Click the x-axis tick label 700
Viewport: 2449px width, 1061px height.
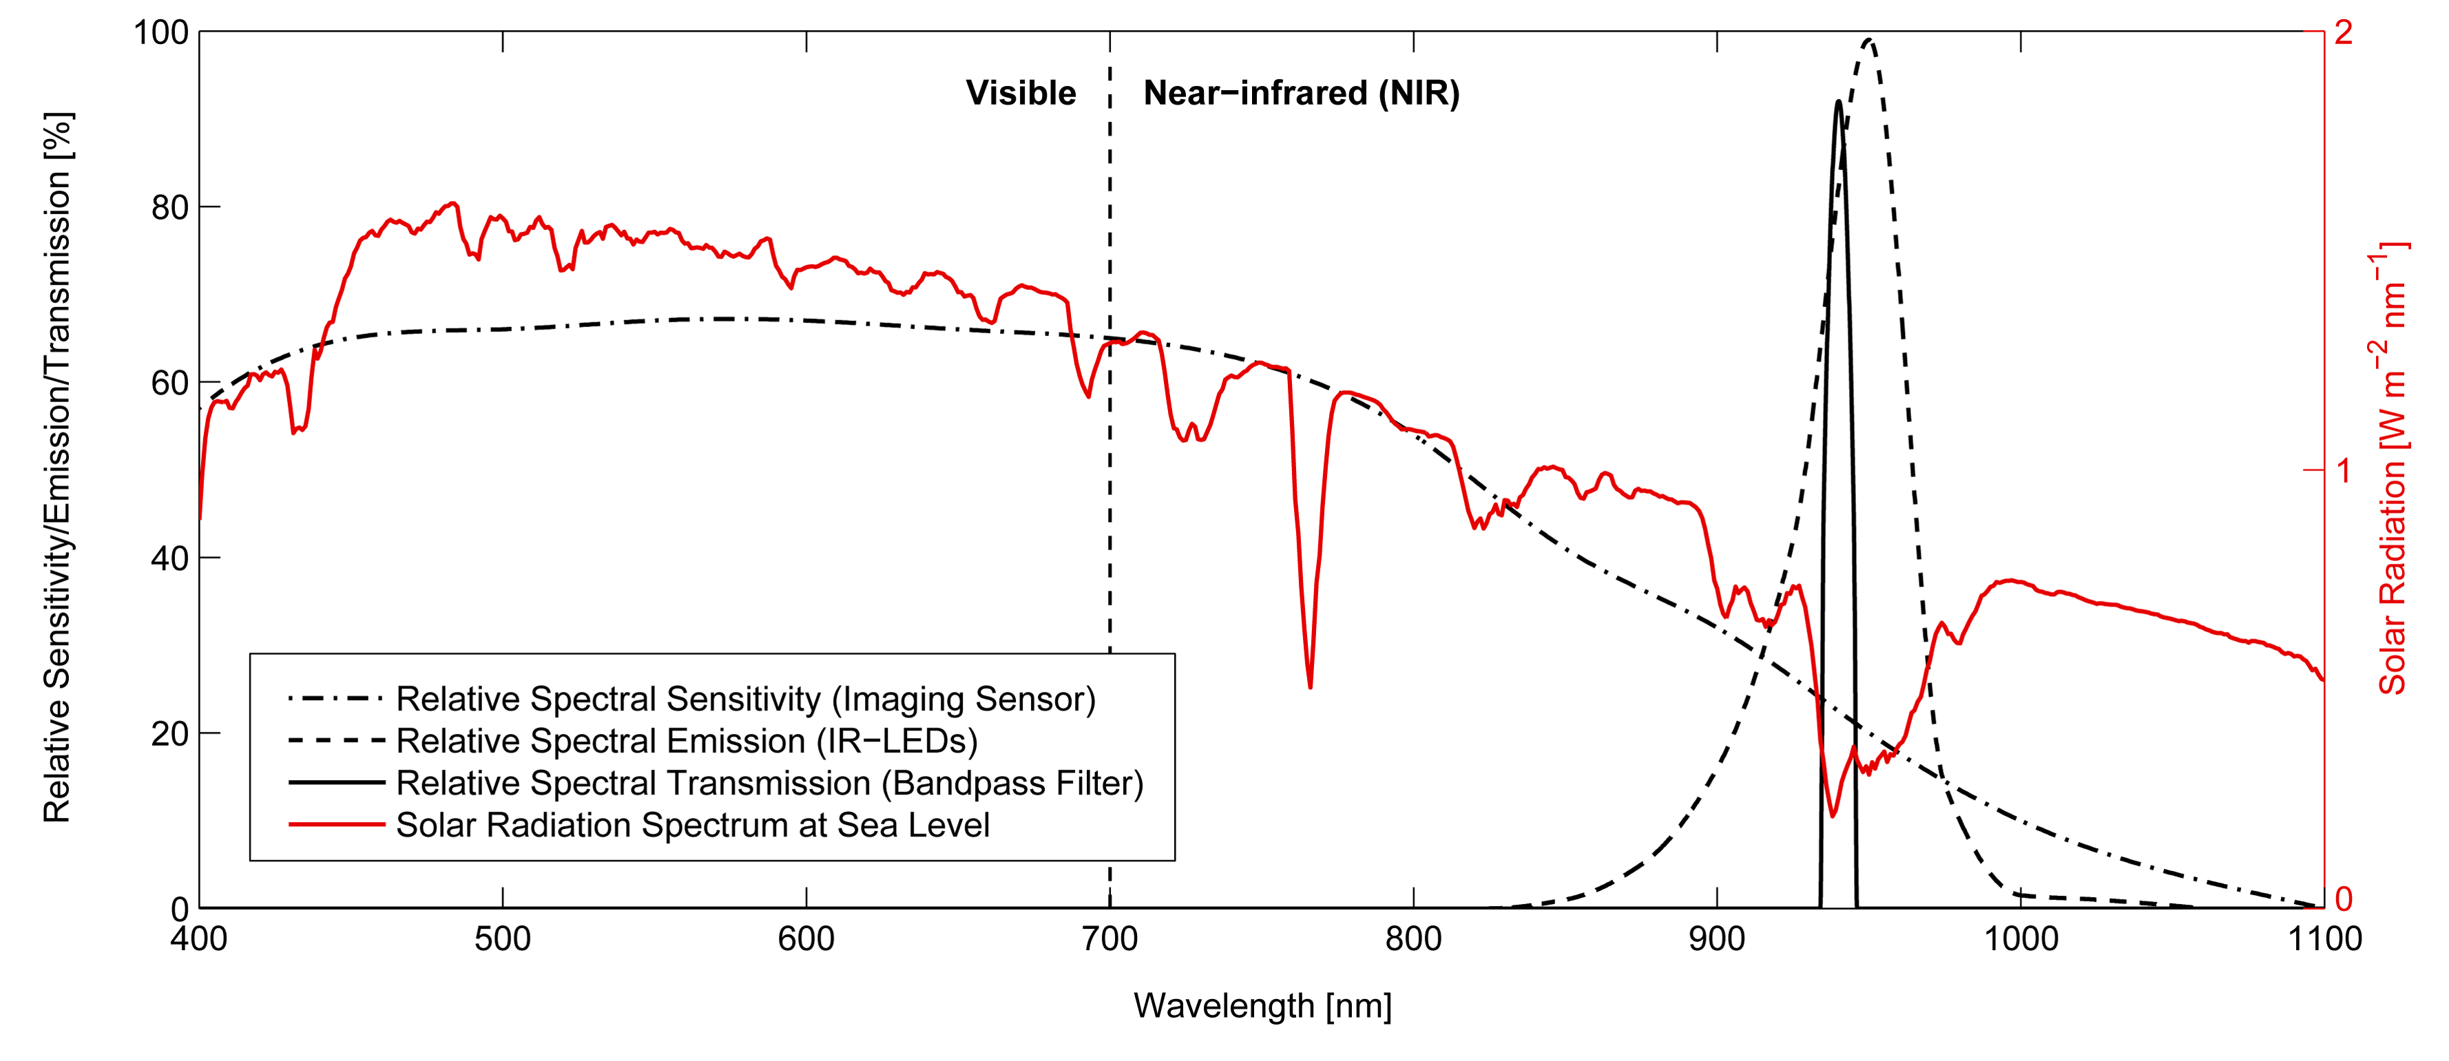(1109, 939)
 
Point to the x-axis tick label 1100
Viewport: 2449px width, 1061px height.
(2322, 939)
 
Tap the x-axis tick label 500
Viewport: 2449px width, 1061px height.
(502, 939)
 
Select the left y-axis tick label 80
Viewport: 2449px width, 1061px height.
(170, 207)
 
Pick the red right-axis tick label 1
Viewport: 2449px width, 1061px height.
(2342, 470)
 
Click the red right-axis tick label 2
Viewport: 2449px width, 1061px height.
(2344, 32)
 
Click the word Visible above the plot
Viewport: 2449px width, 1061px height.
(1021, 93)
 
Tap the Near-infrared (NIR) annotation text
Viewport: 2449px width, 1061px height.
(1300, 93)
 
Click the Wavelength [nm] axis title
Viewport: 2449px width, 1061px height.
(1262, 1006)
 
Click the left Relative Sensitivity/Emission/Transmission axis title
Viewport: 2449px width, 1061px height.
(57, 468)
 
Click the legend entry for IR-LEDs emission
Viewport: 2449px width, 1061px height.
(687, 741)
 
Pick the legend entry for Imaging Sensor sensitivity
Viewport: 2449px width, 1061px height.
(745, 699)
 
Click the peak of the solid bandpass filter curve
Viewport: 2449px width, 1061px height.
(1839, 102)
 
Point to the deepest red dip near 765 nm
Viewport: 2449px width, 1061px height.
(1310, 686)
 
